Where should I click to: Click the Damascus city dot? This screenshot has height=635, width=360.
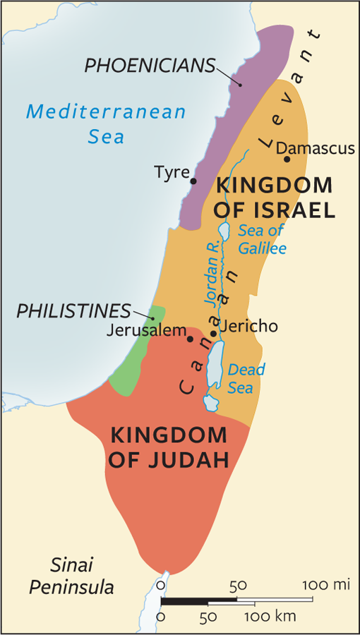point(287,159)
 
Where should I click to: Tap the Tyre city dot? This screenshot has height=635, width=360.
point(193,181)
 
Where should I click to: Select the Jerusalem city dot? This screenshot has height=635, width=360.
point(190,339)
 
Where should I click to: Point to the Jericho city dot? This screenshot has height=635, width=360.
point(213,333)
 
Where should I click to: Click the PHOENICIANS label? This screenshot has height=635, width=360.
point(150,66)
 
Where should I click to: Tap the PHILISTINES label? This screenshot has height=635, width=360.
point(74,311)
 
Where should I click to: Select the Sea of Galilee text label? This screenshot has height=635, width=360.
point(262,239)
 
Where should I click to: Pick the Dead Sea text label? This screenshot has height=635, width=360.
point(247,378)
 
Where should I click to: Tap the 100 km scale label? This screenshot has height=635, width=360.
point(270,616)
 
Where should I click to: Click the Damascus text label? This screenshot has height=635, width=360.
point(315,148)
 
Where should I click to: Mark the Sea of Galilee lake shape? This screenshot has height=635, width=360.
point(224,231)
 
